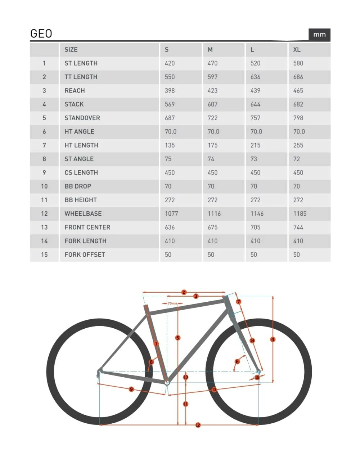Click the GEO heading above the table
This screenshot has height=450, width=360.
(x=41, y=33)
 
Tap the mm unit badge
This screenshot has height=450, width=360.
(x=319, y=35)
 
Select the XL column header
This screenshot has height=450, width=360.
(x=297, y=50)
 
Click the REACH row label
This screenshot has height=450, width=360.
(x=75, y=91)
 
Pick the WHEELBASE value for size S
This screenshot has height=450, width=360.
(x=171, y=214)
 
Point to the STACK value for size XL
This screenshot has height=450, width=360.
(x=298, y=104)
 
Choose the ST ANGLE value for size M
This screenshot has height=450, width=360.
(x=211, y=159)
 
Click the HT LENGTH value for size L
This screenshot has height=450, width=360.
(x=255, y=145)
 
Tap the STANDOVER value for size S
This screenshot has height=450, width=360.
(x=170, y=118)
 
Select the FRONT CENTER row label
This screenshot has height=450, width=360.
(x=87, y=228)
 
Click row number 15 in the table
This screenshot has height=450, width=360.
(x=44, y=255)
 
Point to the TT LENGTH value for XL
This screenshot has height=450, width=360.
(x=298, y=77)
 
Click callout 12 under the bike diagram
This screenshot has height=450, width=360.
(x=198, y=425)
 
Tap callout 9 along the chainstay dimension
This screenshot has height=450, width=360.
(x=131, y=389)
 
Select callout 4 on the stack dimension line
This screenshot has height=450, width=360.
(x=273, y=339)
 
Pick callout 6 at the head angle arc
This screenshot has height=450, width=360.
(x=237, y=361)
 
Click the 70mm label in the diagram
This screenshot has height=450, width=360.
(x=172, y=303)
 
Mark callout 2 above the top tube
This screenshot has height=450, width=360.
(x=184, y=292)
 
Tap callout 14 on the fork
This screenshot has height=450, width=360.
(x=252, y=340)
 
